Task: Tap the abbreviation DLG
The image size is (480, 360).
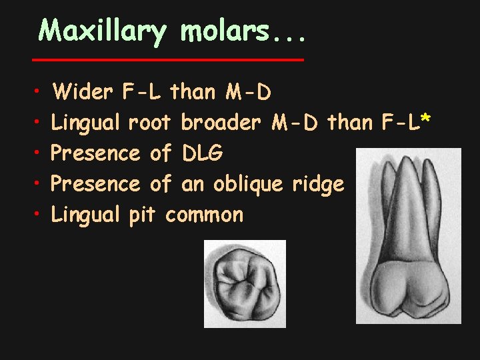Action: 203,153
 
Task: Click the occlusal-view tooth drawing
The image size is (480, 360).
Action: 245,283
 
